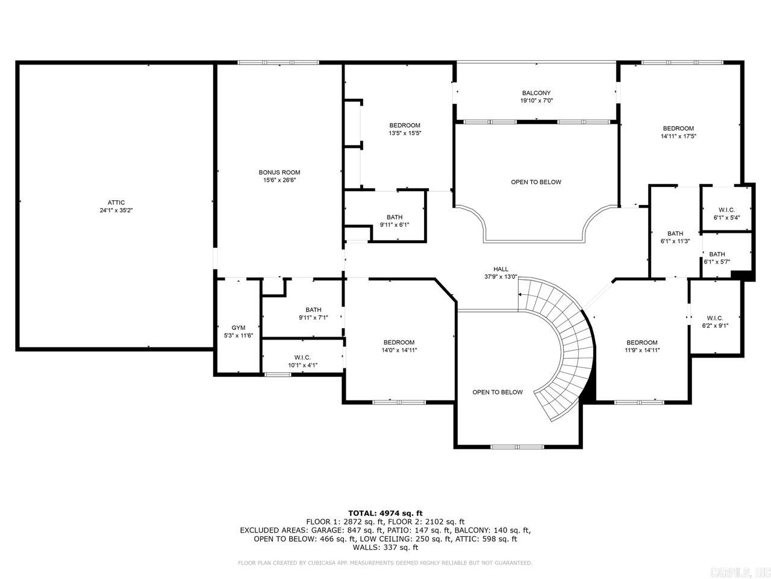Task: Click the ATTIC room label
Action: (x=116, y=203)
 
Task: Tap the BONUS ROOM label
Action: (x=279, y=172)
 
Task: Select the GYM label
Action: (x=239, y=327)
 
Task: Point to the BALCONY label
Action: (x=536, y=93)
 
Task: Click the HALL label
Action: (x=501, y=269)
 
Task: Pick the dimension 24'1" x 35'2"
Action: (x=116, y=210)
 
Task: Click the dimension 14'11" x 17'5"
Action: (x=678, y=136)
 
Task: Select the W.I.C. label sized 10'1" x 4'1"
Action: (x=302, y=358)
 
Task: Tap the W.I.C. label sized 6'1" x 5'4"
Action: (x=727, y=210)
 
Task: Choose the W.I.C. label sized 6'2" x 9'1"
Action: (x=715, y=318)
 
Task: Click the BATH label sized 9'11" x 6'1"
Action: (x=395, y=217)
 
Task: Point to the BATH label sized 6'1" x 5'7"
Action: (x=717, y=254)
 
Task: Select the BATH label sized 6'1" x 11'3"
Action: (x=675, y=233)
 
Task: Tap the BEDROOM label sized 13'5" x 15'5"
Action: (x=405, y=125)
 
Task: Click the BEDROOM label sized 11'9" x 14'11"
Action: (x=641, y=343)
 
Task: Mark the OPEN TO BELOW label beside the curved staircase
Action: (x=498, y=392)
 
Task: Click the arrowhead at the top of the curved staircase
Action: (x=520, y=294)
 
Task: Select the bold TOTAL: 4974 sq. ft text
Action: (x=385, y=513)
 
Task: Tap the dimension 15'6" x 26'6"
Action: (x=279, y=180)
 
